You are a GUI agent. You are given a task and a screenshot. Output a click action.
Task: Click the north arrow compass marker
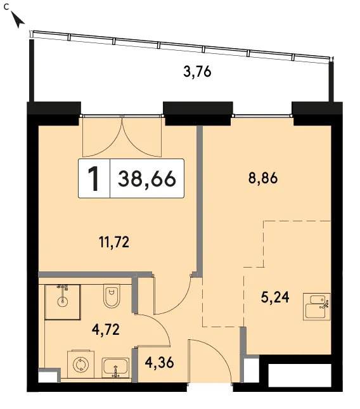[x=18, y=20]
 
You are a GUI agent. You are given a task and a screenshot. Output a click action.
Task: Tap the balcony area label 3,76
[x=197, y=72]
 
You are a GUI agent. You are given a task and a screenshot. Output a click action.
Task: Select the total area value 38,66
[x=147, y=179]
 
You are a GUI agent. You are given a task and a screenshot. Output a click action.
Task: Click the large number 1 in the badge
[x=94, y=179]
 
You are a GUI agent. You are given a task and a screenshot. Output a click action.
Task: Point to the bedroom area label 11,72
[x=114, y=242]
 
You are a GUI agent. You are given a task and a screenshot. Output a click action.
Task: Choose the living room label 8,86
[x=263, y=179]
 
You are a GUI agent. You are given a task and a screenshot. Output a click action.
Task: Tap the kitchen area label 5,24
[x=275, y=297]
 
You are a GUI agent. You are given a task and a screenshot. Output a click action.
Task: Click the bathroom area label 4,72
[x=106, y=329]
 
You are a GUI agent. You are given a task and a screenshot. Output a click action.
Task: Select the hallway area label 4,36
[x=159, y=363]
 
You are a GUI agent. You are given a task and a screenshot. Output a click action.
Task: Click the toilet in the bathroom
[x=112, y=296]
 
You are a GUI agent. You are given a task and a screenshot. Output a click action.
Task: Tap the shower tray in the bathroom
[x=63, y=302]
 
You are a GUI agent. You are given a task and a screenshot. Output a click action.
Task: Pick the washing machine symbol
[x=81, y=365]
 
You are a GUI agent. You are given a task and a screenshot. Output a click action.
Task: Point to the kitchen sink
[x=316, y=307]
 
